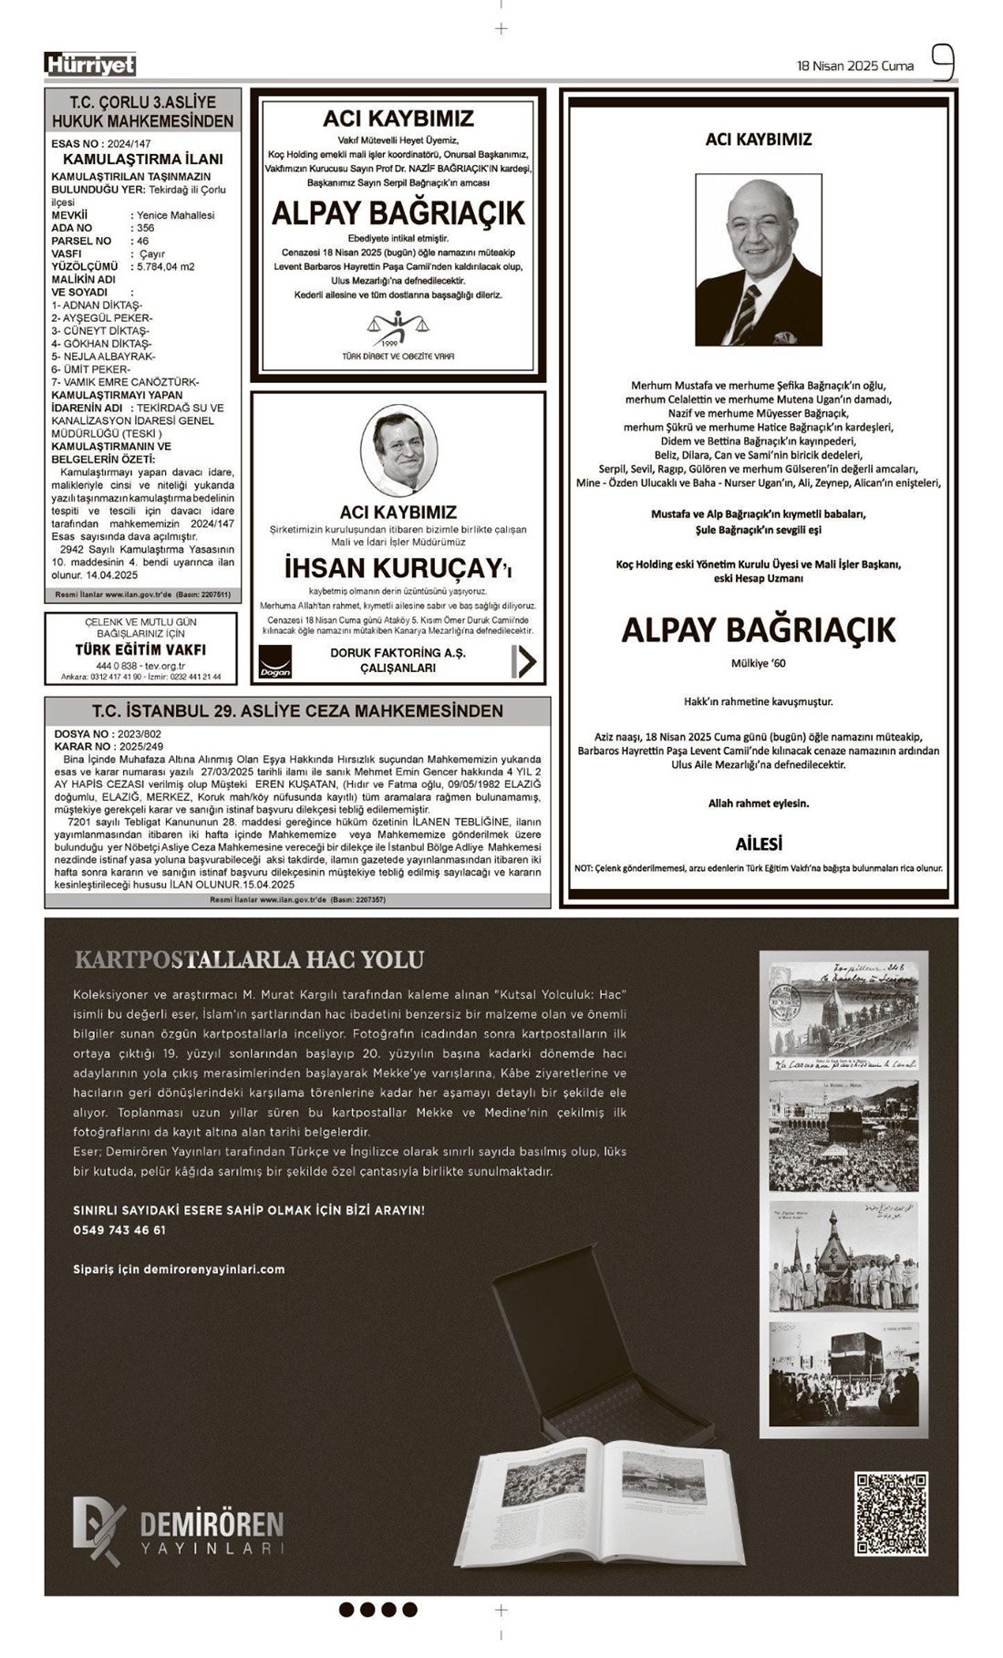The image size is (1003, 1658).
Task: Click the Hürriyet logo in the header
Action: (90, 64)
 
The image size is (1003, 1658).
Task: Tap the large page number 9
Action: (943, 64)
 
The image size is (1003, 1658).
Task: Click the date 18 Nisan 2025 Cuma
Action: (855, 66)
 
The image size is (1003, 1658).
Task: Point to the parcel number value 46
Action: (143, 241)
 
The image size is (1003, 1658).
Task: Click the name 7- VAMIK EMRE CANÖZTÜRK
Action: (125, 382)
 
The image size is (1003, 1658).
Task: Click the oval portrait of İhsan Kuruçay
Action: (398, 451)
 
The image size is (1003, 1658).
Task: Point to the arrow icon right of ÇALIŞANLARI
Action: (524, 661)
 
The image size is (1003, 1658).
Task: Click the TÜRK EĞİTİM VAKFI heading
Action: (140, 649)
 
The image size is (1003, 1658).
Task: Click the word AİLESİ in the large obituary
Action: (759, 844)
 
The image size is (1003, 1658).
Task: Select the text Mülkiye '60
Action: (759, 664)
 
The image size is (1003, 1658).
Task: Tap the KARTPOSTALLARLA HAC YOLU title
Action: (249, 959)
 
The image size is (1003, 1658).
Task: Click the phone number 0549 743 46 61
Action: (119, 1229)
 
